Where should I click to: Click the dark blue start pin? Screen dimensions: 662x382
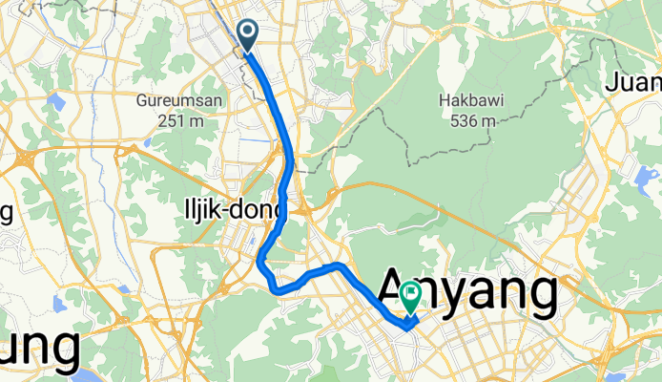pyautogui.click(x=247, y=36)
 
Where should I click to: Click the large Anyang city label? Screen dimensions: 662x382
pyautogui.click(x=467, y=292)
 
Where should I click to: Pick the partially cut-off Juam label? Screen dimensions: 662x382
pyautogui.click(x=632, y=84)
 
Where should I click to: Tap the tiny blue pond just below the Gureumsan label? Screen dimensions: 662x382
pyautogui.click(x=149, y=142)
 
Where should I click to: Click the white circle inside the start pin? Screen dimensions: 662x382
pyautogui.click(x=247, y=32)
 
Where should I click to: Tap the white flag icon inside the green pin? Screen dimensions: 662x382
pyautogui.click(x=412, y=292)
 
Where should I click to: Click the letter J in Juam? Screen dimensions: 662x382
pyautogui.click(x=610, y=84)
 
